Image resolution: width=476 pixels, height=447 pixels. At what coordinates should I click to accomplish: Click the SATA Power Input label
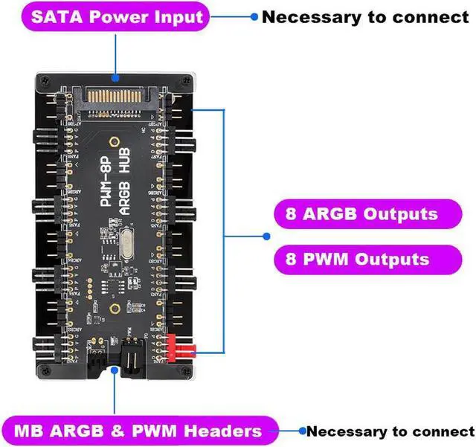pos(116,16)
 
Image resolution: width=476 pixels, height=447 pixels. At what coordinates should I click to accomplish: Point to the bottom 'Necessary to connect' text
pos(390,431)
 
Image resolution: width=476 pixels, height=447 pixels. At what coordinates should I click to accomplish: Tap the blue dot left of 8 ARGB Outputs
pos(266,237)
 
